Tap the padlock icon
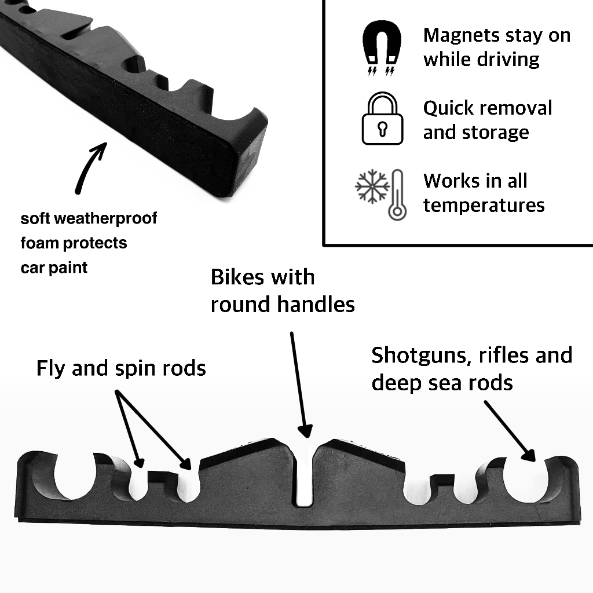[x=382, y=120]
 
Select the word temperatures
[x=484, y=205]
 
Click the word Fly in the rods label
[x=50, y=368]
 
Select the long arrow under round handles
[x=299, y=383]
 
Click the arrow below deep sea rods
[x=508, y=429]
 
